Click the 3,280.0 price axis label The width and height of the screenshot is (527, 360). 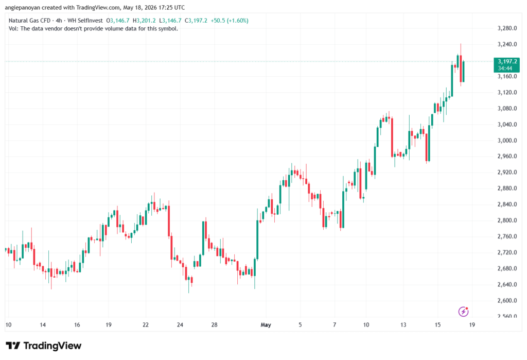click(x=507, y=28)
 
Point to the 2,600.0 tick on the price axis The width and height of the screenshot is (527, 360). click(x=507, y=300)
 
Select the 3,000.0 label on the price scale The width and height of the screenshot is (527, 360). click(x=507, y=140)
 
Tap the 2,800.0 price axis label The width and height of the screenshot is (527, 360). click(x=507, y=220)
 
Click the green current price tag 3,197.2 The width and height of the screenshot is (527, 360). click(x=506, y=64)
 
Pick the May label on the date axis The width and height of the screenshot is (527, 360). click(x=266, y=324)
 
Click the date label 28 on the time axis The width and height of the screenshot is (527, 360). click(x=214, y=324)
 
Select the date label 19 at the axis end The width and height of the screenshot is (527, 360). click(x=472, y=324)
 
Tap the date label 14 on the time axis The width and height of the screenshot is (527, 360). click(x=43, y=324)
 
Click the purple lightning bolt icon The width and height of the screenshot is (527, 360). click(x=464, y=312)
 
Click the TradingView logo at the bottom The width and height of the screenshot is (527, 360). click(x=44, y=346)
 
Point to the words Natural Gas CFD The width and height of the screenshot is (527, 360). click(x=29, y=21)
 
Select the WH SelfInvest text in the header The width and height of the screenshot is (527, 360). click(x=85, y=21)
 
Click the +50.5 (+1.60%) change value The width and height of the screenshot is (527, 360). click(x=230, y=21)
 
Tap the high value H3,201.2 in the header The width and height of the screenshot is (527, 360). click(x=144, y=21)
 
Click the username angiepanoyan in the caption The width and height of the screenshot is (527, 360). click(x=23, y=7)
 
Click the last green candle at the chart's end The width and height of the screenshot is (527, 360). click(x=464, y=71)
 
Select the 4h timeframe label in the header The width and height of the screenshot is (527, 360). click(x=59, y=21)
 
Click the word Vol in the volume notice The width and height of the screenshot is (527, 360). click(x=13, y=29)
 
